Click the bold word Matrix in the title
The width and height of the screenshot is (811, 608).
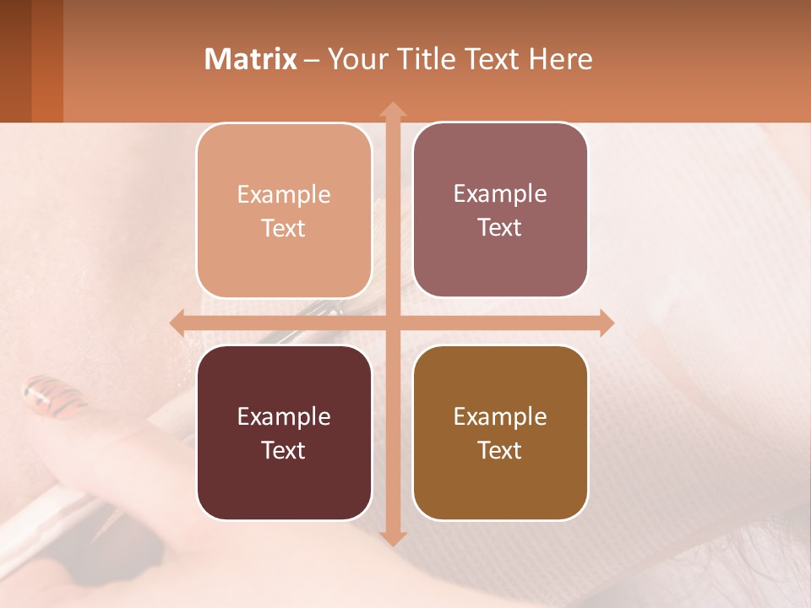pos(251,59)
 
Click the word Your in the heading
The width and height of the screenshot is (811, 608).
pos(353,59)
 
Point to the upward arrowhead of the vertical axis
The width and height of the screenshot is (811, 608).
pos(392,110)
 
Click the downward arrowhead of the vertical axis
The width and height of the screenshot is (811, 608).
pos(392,538)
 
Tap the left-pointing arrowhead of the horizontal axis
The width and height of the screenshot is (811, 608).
pos(177,323)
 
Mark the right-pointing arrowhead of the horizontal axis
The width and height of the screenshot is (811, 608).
pos(606,323)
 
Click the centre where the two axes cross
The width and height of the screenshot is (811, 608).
pos(392,323)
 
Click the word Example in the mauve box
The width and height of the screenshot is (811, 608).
pos(500,194)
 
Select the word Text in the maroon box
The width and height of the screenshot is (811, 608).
pos(283,450)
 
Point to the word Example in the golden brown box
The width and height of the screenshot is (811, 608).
pos(500,416)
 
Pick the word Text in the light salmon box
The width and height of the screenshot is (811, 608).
pos(283,228)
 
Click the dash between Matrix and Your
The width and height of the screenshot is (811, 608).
pos(313,60)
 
